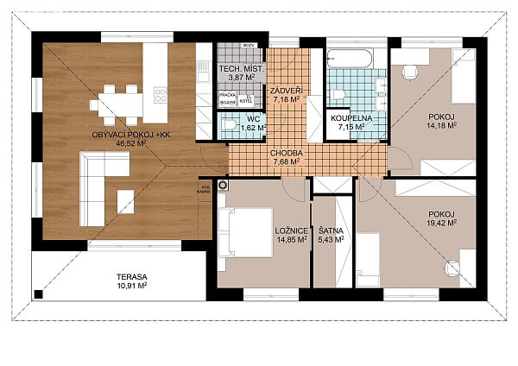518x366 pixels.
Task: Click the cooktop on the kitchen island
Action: point(160,93)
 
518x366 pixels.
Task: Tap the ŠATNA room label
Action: point(328,230)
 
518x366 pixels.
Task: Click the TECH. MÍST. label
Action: point(240,67)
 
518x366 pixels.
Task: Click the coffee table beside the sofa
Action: point(126,200)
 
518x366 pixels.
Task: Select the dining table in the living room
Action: point(118,104)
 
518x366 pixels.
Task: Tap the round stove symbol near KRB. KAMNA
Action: point(224,185)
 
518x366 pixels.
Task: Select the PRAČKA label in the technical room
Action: point(227,94)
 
